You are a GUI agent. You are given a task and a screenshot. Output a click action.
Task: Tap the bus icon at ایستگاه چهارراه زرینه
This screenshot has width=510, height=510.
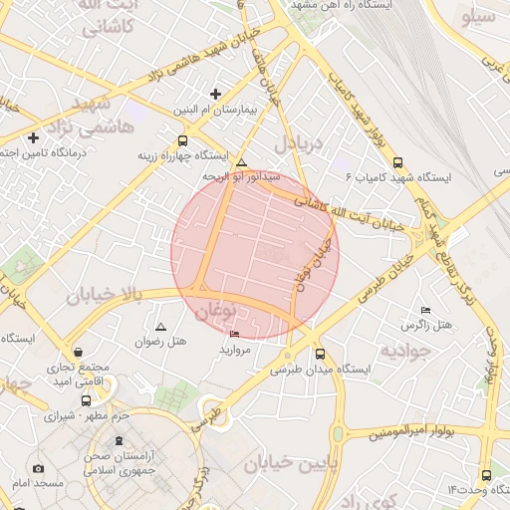(x=181, y=141)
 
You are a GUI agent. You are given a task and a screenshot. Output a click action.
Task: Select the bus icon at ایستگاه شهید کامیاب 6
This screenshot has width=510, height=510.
(x=398, y=162)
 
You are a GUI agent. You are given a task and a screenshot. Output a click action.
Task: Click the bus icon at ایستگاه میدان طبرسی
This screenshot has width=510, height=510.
(x=320, y=354)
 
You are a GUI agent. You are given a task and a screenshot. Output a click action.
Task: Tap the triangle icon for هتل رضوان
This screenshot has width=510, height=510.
(x=161, y=327)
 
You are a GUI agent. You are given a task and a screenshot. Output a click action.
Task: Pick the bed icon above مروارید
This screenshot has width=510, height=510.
(x=234, y=334)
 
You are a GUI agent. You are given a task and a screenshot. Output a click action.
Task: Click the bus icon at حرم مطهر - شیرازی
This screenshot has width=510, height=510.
(x=84, y=400)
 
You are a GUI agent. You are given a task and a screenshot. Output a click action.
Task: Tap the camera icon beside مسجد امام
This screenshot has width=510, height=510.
(x=38, y=468)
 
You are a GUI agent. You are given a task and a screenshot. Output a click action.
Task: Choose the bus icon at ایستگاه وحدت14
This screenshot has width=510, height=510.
(x=485, y=475)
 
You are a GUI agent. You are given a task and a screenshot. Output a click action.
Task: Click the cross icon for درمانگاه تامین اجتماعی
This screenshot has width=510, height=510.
(x=34, y=137)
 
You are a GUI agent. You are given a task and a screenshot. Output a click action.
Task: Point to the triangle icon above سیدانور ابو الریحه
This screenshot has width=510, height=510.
(x=241, y=161)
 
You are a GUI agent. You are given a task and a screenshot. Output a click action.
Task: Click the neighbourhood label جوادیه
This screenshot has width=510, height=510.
(x=404, y=352)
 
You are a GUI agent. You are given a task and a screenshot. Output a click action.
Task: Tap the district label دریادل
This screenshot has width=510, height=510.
(x=300, y=142)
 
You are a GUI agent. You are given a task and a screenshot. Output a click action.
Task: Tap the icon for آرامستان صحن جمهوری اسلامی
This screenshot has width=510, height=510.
(x=120, y=441)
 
